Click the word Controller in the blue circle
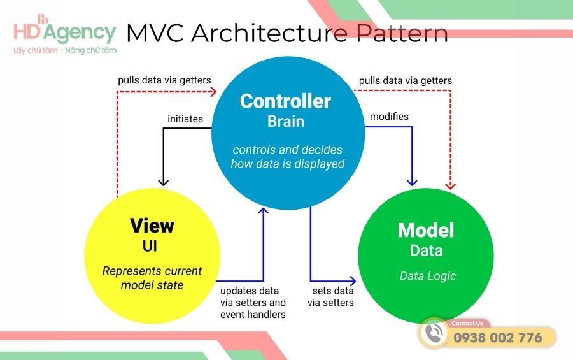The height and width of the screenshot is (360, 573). click(285, 101)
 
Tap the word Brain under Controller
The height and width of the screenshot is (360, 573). click(285, 120)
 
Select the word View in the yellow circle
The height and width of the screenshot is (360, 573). click(152, 226)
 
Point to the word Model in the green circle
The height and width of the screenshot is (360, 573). click(426, 230)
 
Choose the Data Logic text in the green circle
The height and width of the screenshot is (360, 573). click(428, 277)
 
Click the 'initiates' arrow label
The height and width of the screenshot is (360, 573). click(185, 119)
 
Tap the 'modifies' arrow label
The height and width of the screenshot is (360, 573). click(389, 117)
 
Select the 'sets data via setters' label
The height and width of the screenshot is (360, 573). click(331, 297)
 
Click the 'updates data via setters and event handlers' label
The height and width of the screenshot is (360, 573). click(253, 303)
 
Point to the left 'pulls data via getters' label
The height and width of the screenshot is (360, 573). click(164, 81)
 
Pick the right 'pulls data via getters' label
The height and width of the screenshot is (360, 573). click(406, 81)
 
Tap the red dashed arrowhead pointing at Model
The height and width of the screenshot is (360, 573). click(451, 185)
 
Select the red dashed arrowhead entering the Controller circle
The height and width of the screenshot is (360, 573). click(213, 91)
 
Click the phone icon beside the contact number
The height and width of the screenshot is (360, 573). click(434, 333)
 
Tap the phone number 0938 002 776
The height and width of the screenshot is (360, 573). click(497, 338)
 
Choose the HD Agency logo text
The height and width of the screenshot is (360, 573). click(65, 32)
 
